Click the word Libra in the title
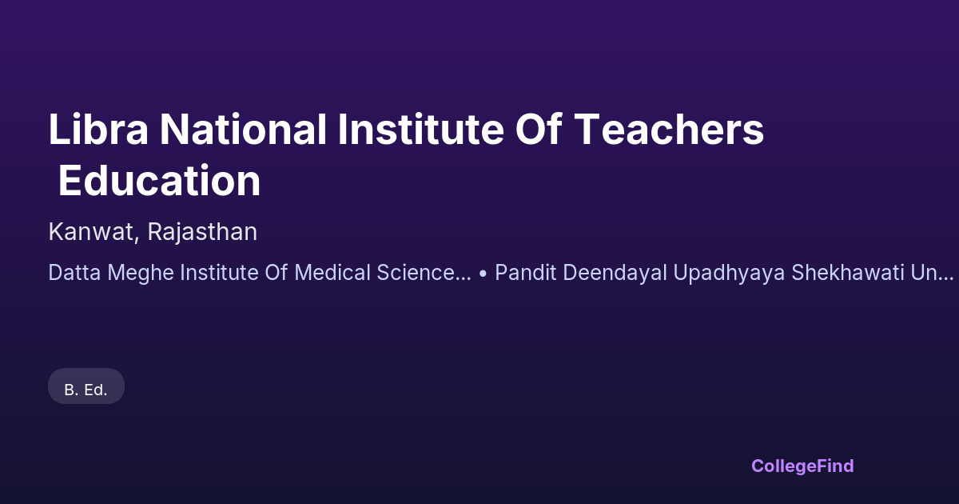(98, 129)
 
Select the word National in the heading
(243, 129)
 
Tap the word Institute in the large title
(421, 129)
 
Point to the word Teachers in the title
(669, 129)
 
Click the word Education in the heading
(159, 181)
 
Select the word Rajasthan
(202, 231)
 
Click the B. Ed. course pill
(86, 386)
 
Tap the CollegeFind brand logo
(802, 466)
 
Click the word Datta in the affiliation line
(74, 273)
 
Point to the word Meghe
(141, 273)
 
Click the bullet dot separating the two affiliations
(483, 274)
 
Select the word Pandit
(526, 273)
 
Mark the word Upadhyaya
(729, 273)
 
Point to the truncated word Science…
(424, 273)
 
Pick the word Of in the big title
(539, 129)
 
